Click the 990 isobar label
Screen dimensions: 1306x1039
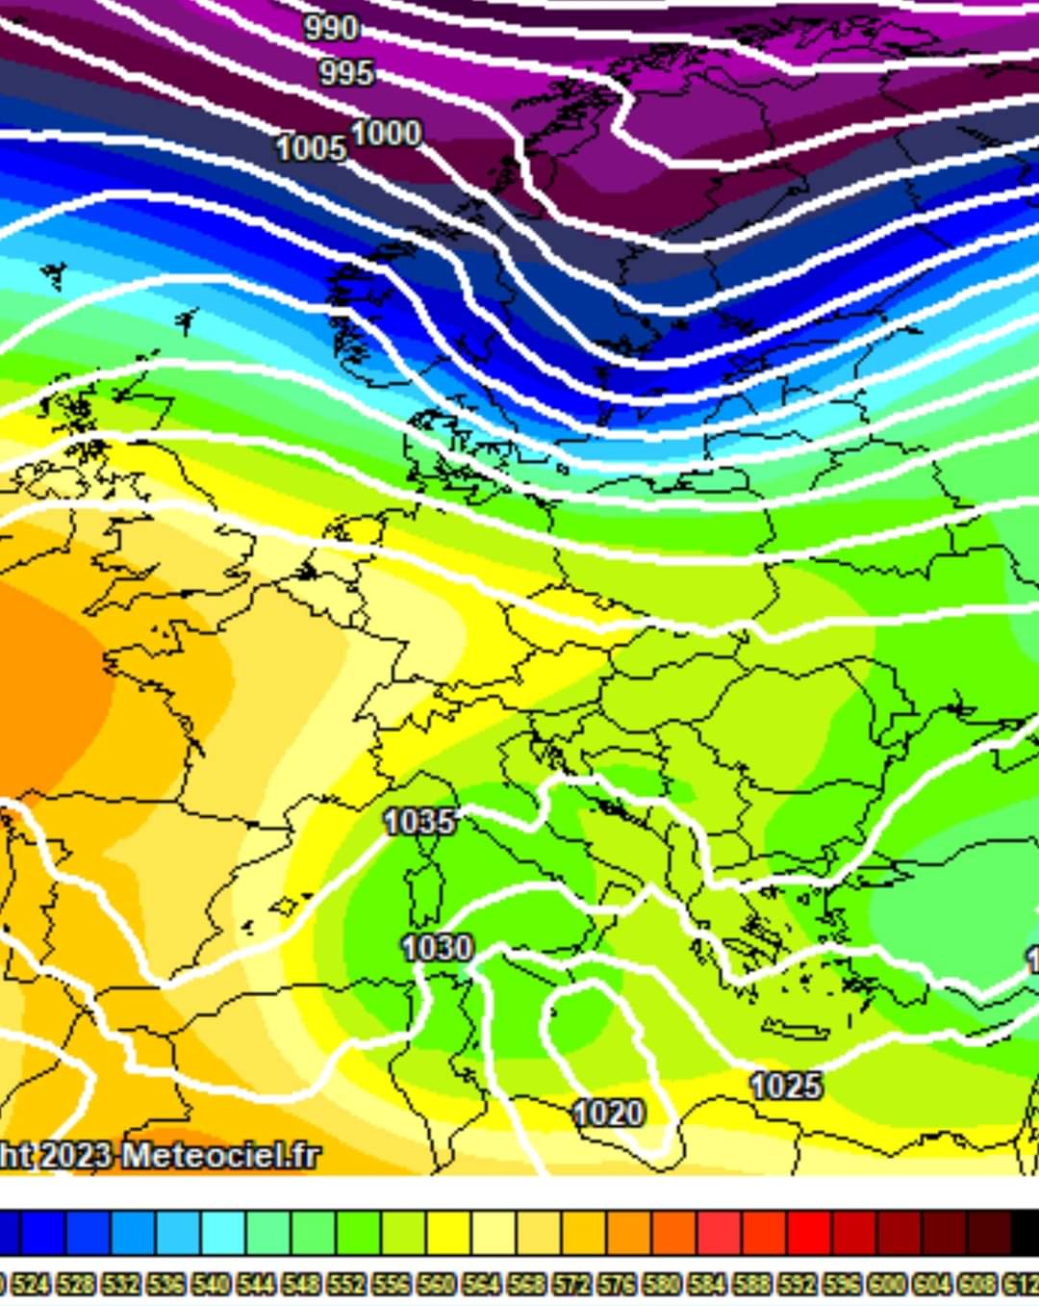331,28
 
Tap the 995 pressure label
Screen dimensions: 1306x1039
345,72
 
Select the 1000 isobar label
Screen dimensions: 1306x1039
386,133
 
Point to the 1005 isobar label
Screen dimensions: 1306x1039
311,148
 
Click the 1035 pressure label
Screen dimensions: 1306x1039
418,822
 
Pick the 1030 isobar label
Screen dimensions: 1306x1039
437,948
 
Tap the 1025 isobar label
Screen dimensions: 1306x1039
786,1087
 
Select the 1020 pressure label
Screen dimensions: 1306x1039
608,1114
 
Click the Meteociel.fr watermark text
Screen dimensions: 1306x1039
220,1155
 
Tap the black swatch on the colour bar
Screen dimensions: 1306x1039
1025,1233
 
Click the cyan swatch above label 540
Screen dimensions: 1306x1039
223,1233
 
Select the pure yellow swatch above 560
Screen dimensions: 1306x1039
449,1233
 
